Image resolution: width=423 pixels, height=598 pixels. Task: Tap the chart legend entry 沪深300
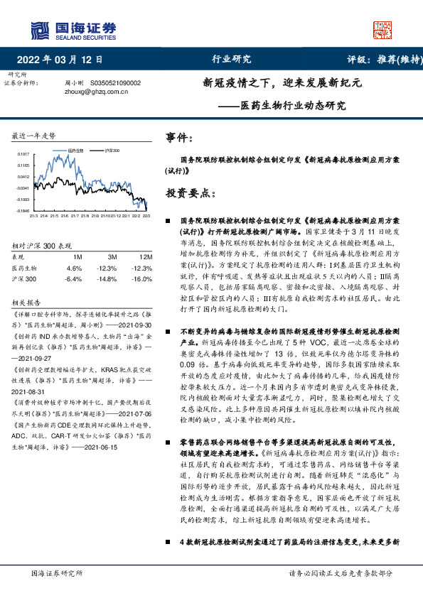coord(110,151)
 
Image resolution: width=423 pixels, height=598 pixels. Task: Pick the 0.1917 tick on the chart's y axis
coord(23,153)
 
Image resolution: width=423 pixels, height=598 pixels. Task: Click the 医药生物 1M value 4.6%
coord(74,268)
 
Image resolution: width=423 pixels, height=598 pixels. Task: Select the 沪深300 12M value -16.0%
coord(141,279)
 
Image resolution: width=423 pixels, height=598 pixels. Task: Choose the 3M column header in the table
coord(112,257)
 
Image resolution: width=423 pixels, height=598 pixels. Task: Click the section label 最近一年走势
coord(34,135)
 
